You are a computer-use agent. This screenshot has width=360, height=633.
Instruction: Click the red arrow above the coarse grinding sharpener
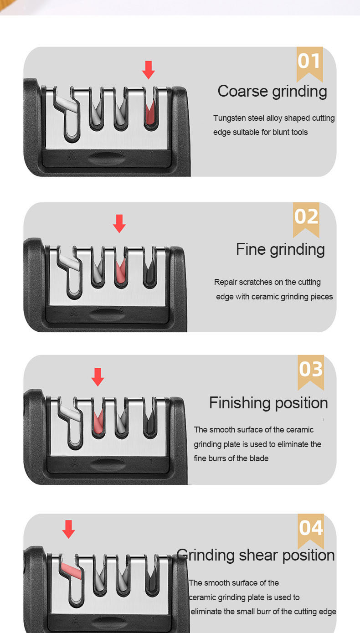(x=149, y=70)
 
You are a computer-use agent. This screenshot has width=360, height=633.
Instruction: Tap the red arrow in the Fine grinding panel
(x=119, y=223)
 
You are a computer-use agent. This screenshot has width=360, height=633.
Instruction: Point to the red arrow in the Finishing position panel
(x=98, y=377)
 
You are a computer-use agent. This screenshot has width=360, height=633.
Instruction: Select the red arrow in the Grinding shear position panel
(x=68, y=529)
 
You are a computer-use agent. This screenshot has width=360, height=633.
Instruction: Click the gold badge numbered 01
(x=309, y=64)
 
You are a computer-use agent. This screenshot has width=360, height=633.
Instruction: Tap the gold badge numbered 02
(x=306, y=220)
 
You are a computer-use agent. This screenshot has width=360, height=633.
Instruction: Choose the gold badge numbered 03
(x=310, y=372)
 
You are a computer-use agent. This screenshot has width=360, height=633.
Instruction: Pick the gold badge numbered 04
(x=310, y=531)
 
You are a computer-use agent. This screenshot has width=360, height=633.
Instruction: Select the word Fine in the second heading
(x=251, y=249)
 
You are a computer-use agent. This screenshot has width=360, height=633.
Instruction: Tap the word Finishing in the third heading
(x=240, y=403)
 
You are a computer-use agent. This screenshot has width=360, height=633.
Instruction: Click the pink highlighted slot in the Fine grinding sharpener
(x=121, y=271)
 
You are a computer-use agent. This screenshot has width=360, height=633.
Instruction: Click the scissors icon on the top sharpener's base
(x=72, y=156)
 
